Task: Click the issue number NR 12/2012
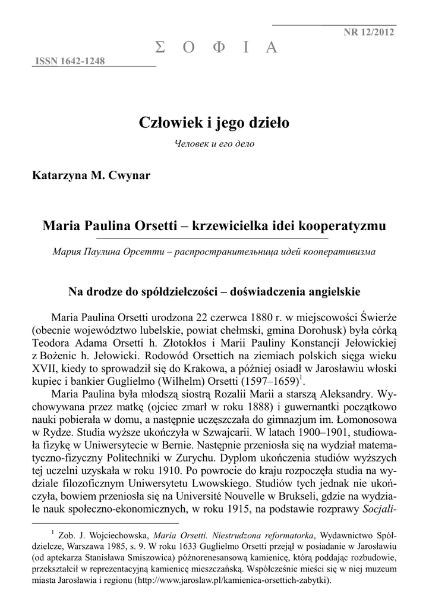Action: (x=368, y=32)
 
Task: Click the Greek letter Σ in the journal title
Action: (x=159, y=48)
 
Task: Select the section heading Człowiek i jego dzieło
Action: (x=214, y=123)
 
